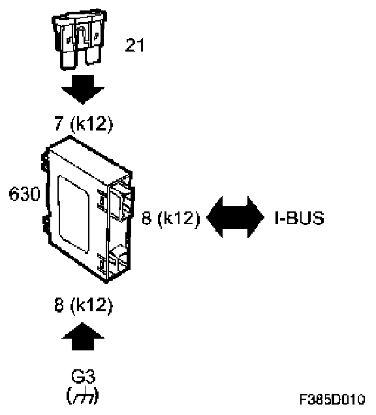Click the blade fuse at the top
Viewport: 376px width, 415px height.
[79, 39]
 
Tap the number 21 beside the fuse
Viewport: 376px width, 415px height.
[134, 45]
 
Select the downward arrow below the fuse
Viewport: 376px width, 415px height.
[83, 89]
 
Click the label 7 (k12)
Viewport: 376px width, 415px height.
[84, 123]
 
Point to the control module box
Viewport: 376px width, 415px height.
[88, 209]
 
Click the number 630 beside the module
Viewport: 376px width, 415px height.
[24, 194]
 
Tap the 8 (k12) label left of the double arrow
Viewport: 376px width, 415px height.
[171, 218]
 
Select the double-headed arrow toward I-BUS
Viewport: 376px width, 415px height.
[235, 217]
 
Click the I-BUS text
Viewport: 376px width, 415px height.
[300, 218]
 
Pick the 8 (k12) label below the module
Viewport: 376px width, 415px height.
[84, 305]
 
